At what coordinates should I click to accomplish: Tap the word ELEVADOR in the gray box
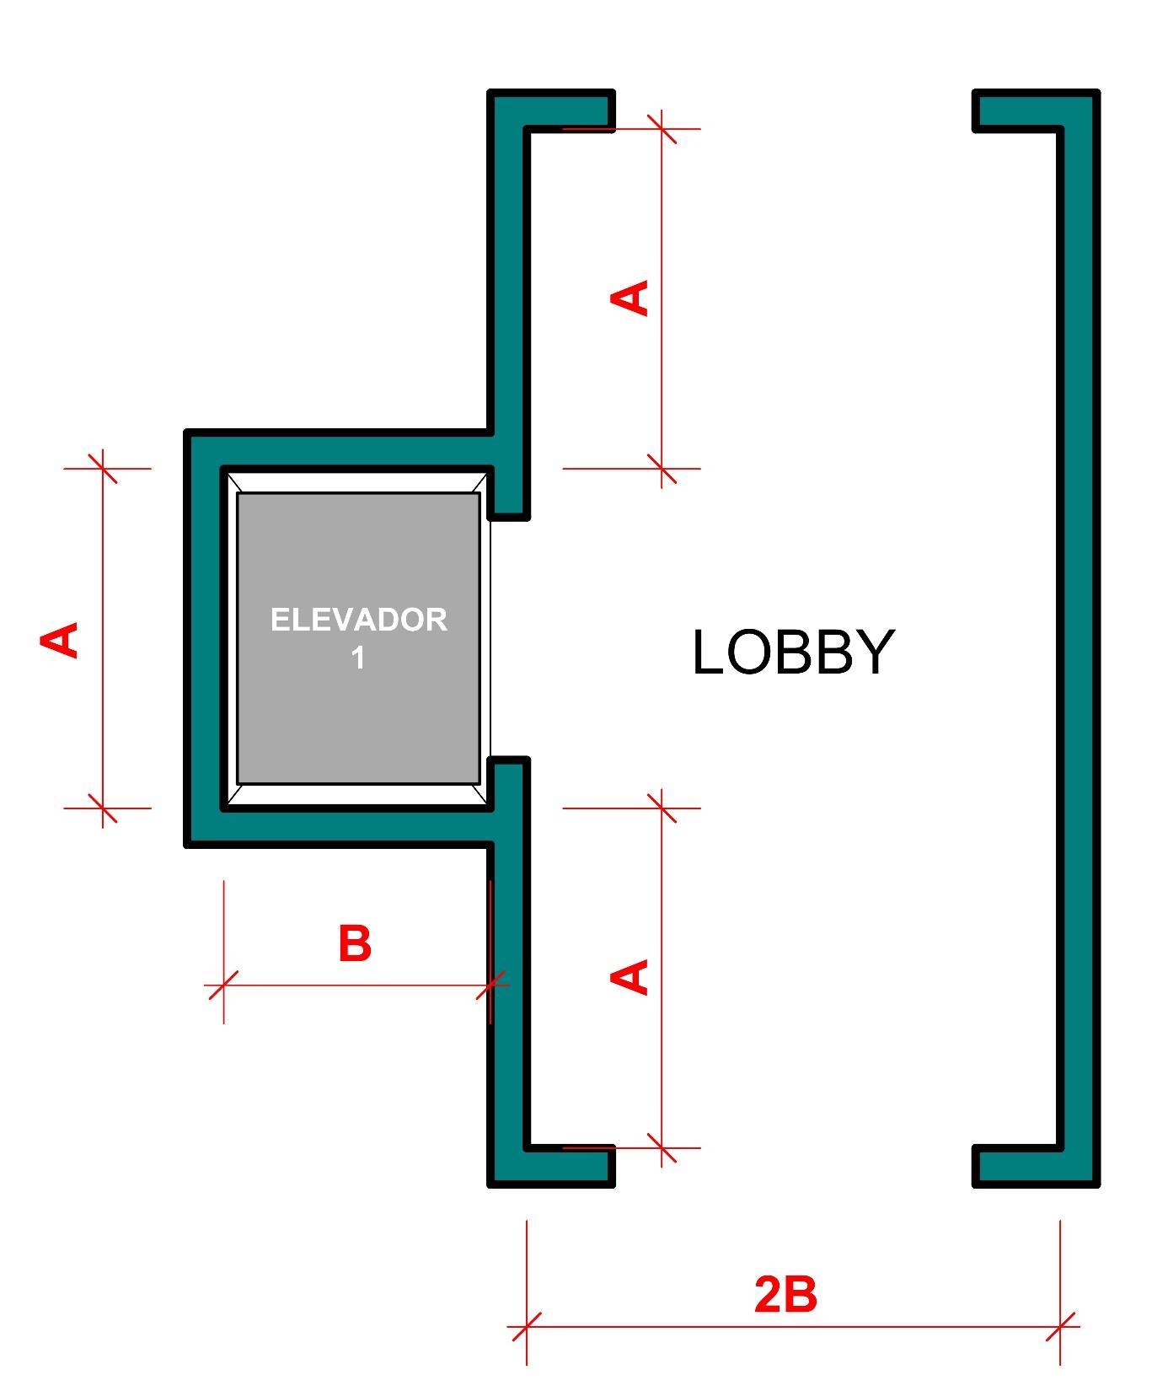click(x=358, y=620)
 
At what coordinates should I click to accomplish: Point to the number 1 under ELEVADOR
click(x=358, y=658)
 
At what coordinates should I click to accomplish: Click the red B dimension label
click(x=355, y=943)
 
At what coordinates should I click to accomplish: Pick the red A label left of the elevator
click(x=61, y=640)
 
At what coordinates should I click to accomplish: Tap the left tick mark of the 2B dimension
click(x=527, y=1326)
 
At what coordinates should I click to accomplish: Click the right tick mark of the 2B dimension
click(x=1060, y=1326)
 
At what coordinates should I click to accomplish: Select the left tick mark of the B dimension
click(x=223, y=985)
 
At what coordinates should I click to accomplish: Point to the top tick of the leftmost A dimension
click(x=103, y=468)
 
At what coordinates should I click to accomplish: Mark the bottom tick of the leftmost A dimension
click(x=103, y=808)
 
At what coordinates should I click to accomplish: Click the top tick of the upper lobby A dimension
click(x=662, y=129)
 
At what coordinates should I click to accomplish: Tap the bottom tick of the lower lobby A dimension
click(x=662, y=1147)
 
